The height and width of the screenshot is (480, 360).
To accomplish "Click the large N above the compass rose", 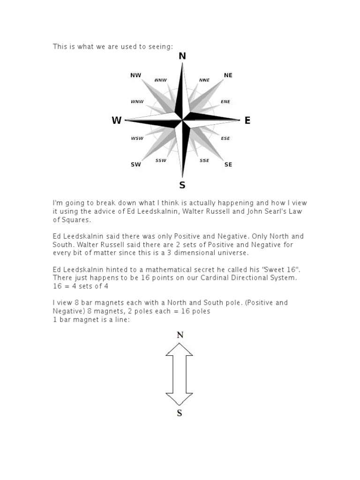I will (182, 56).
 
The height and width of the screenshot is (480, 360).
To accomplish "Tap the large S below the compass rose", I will (182, 185).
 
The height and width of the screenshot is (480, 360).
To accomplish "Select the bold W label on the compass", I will (117, 120).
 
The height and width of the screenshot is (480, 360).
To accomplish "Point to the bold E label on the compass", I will (247, 120).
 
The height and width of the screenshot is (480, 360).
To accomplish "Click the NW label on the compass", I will (135, 75).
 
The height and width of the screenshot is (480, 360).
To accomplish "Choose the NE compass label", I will (228, 75).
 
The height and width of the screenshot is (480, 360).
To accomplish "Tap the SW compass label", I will (135, 165).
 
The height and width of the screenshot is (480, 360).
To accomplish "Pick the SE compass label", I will (228, 165).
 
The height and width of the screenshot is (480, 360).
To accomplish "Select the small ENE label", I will (225, 101).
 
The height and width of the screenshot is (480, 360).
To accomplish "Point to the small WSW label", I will (137, 138).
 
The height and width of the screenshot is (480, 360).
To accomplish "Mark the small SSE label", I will (204, 160).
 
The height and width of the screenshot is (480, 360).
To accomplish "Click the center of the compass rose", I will (182, 120).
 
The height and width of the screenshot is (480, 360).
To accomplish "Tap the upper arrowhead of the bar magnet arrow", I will (179, 349).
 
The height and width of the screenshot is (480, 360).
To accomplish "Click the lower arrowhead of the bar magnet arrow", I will (179, 399).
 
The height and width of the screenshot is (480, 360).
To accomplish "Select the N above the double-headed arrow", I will (180, 335).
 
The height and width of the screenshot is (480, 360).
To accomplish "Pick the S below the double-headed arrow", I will (180, 413).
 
